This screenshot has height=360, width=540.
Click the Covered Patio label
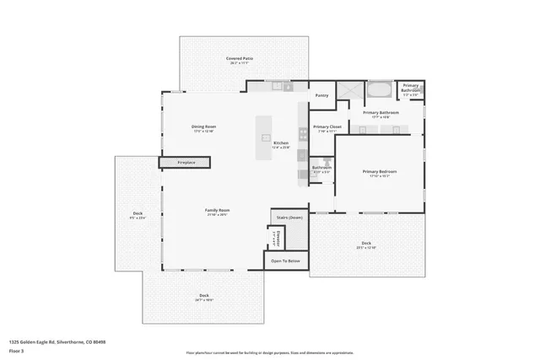point(240,60)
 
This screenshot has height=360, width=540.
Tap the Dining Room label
point(204,128)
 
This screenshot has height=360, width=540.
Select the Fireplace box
point(186,162)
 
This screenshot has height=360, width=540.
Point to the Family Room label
point(218,212)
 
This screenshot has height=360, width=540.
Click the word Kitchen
point(281,143)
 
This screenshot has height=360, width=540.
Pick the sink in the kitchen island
point(266,137)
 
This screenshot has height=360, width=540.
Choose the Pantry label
point(321,95)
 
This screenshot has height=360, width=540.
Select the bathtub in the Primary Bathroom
point(381,89)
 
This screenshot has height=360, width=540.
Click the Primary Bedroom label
point(380,173)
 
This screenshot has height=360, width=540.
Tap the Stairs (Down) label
point(289,218)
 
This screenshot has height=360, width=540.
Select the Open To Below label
point(285,261)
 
